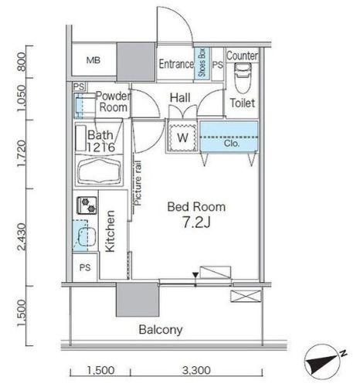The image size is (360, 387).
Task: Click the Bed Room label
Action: pyautogui.click(x=196, y=207)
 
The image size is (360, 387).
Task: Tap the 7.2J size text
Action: pyautogui.click(x=196, y=222)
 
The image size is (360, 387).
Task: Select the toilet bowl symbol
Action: pyautogui.click(x=243, y=78)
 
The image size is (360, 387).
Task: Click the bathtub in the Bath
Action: pyautogui.click(x=100, y=171)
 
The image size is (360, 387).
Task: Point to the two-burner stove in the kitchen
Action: pyautogui.click(x=87, y=205)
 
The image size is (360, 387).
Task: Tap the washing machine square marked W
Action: pyautogui.click(x=182, y=137)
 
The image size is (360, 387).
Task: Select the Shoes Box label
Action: pyautogui.click(x=202, y=63)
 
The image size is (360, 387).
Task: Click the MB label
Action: pyautogui.click(x=93, y=60)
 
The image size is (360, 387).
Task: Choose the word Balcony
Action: pyautogui.click(x=161, y=330)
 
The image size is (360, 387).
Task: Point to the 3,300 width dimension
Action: pyautogui.click(x=196, y=371)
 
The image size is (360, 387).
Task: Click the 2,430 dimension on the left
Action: pyautogui.click(x=22, y=236)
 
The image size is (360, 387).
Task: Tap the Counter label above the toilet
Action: pyautogui.click(x=242, y=56)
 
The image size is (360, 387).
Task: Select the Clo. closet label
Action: pyautogui.click(x=232, y=144)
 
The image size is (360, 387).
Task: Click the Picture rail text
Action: pyautogui.click(x=138, y=183)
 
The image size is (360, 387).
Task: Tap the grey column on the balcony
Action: pyautogui.click(x=138, y=300)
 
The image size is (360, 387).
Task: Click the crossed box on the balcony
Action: pyautogui.click(x=246, y=296)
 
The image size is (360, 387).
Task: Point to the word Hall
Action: pyautogui.click(x=180, y=98)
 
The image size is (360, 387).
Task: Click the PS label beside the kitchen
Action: pyautogui.click(x=85, y=267)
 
